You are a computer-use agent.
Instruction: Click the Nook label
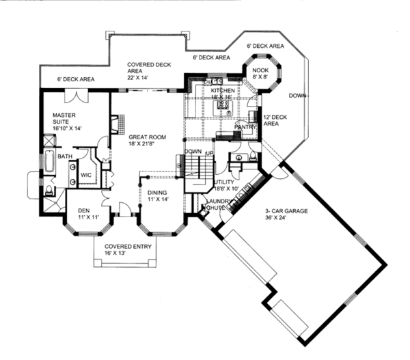coord(260,74)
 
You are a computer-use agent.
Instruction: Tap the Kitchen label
coord(223,94)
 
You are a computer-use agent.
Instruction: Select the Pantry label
coord(244,127)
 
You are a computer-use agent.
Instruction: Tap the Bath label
coord(64,156)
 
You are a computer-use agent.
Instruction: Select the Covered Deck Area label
coord(143,71)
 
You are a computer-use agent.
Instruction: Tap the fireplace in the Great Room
coord(115,126)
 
